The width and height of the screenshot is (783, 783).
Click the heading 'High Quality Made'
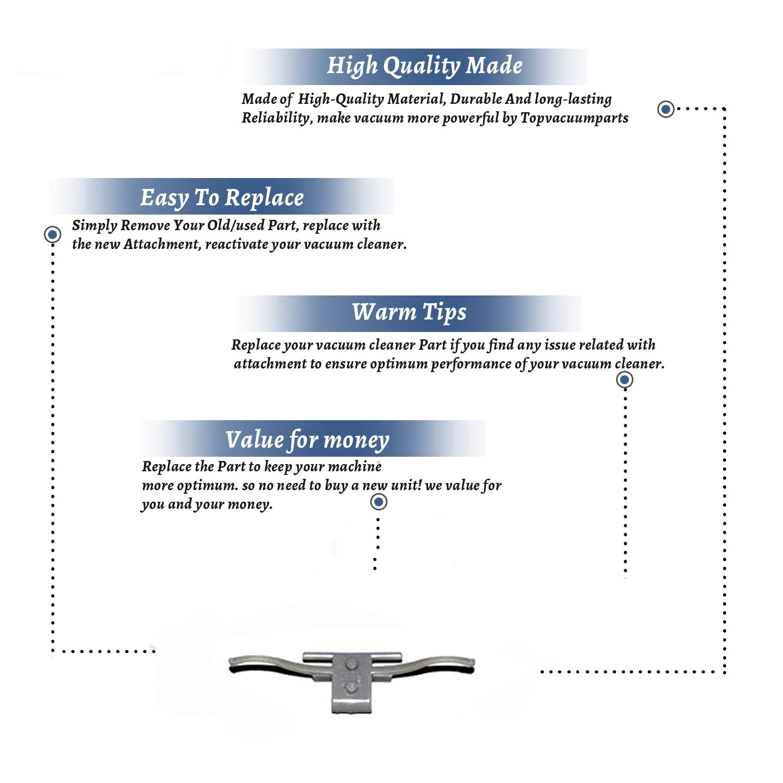click(424, 66)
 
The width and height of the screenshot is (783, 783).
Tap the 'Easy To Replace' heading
click(222, 198)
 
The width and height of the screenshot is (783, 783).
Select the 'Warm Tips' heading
click(409, 312)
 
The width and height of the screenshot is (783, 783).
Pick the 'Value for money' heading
click(307, 440)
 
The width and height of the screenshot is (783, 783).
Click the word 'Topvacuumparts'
click(574, 118)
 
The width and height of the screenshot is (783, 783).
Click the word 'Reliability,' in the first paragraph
click(277, 118)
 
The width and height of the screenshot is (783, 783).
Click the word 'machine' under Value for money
click(355, 466)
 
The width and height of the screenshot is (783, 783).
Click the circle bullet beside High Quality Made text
click(666, 109)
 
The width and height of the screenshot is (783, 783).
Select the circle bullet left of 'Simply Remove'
click(52, 234)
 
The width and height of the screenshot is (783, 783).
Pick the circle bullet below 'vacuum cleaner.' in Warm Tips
click(624, 379)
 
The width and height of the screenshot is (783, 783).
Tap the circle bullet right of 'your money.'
click(378, 502)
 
